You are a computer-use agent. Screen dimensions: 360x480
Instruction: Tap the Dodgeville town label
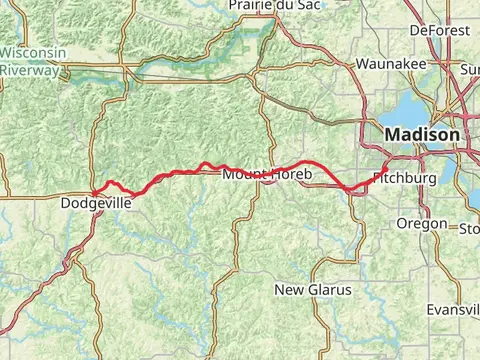tap(96, 202)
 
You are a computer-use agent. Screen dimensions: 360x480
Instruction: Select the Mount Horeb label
tap(266, 175)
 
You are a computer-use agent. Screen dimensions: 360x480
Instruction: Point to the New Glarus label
tap(313, 290)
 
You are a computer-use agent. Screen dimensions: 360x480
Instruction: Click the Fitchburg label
tap(404, 178)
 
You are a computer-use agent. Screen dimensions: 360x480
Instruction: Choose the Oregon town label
tap(422, 224)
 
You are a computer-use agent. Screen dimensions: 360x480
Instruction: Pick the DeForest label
tap(439, 31)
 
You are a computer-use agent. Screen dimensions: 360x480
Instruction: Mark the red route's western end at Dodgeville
tap(93, 192)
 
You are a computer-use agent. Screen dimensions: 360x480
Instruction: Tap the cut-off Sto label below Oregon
tap(468, 229)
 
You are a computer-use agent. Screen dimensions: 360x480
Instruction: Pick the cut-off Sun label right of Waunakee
tap(469, 69)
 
